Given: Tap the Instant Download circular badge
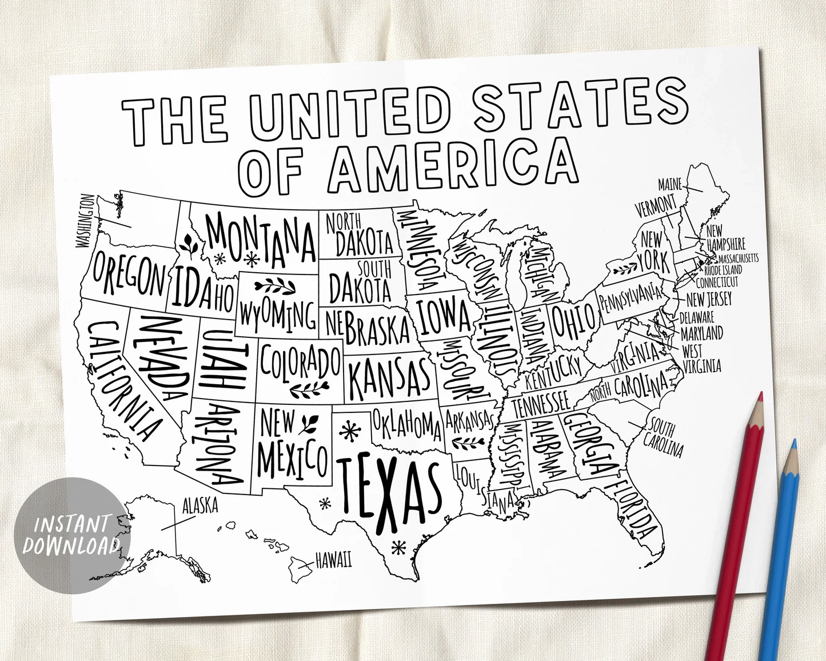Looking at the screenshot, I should [x=70, y=534].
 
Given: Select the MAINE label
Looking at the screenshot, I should [x=670, y=185].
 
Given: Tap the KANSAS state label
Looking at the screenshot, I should [x=389, y=378].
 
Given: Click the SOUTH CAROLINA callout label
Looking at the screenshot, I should [x=663, y=437].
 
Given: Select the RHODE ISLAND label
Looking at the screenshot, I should [x=723, y=269].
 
